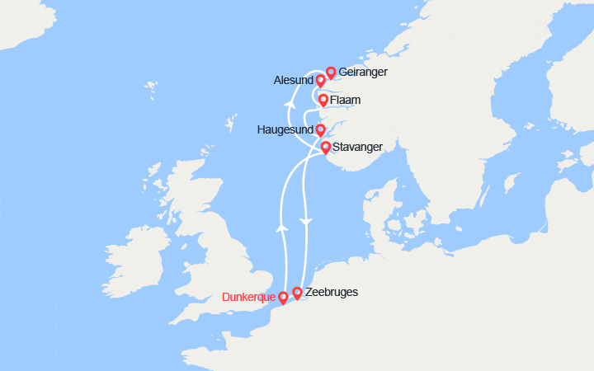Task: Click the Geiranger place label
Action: click(x=362, y=73)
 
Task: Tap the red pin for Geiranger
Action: click(x=331, y=73)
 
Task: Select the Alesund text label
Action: click(x=292, y=81)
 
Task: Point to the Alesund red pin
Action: click(x=320, y=80)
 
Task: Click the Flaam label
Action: click(x=346, y=101)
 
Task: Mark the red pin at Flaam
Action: click(x=323, y=101)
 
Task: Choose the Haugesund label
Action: click(x=285, y=130)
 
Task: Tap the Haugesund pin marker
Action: click(x=320, y=129)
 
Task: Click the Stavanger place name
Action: click(x=358, y=147)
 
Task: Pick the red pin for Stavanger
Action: click(x=326, y=148)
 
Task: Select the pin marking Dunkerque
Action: click(x=284, y=296)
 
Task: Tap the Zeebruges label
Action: click(x=332, y=292)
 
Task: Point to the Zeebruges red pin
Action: click(x=297, y=292)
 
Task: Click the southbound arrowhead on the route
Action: click(x=306, y=222)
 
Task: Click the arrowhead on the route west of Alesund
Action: click(x=289, y=105)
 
